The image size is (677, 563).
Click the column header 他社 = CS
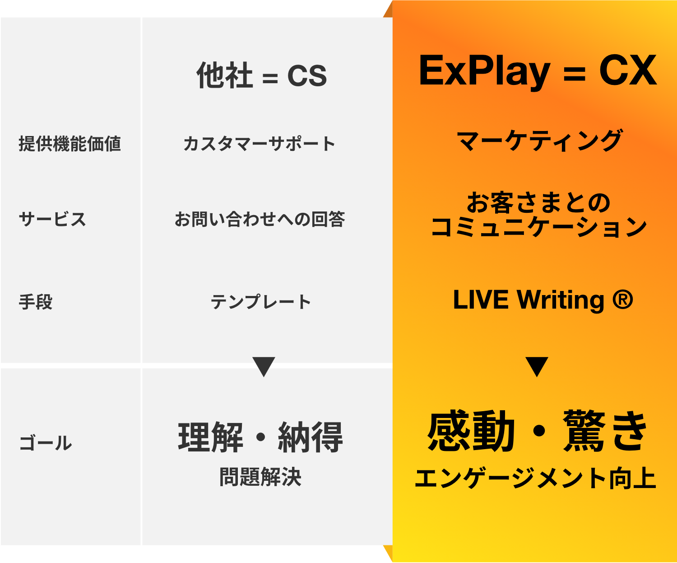pyautogui.click(x=262, y=75)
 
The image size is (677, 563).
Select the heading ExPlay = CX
pyautogui.click(x=538, y=71)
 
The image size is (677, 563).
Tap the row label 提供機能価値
pyautogui.click(x=70, y=144)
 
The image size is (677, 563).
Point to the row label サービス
pyautogui.click(x=52, y=219)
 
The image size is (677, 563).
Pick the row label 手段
pyautogui.click(x=36, y=302)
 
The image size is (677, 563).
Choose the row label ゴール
pyautogui.click(x=46, y=443)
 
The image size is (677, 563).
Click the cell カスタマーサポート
pyautogui.click(x=260, y=144)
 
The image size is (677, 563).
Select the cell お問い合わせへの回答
pyautogui.click(x=260, y=219)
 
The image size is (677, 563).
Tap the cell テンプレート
pyautogui.click(x=261, y=302)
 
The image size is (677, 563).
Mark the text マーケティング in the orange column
pyautogui.click(x=539, y=141)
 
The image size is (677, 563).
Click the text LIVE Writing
pyautogui.click(x=528, y=300)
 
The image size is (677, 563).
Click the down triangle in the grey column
pyautogui.click(x=264, y=366)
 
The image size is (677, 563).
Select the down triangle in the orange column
pyautogui.click(x=537, y=366)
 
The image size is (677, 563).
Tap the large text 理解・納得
pyautogui.click(x=261, y=437)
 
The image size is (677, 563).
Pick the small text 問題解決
pyautogui.click(x=260, y=477)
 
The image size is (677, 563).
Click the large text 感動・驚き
pyautogui.click(x=538, y=432)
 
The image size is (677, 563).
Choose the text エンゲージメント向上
pyautogui.click(x=535, y=479)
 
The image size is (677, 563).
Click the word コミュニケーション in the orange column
pyautogui.click(x=539, y=227)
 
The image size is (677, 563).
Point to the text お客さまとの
pyautogui.click(x=538, y=202)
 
